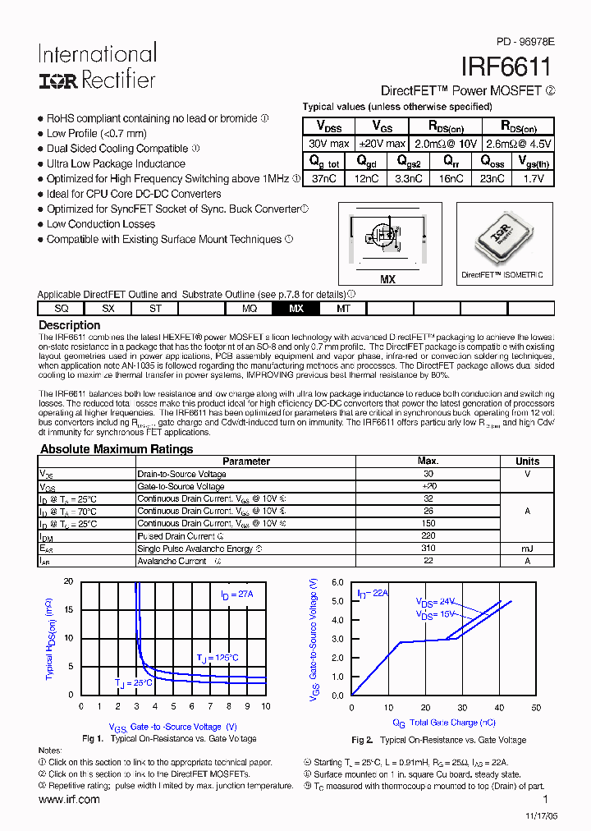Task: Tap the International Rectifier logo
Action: [97, 67]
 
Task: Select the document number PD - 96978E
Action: [525, 40]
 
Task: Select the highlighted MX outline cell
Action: [295, 309]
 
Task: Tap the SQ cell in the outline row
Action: [62, 309]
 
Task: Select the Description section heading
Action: [70, 325]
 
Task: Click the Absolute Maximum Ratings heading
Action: [117, 449]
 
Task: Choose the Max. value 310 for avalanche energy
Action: [428, 549]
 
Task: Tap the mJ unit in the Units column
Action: [527, 549]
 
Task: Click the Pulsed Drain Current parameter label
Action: [176, 536]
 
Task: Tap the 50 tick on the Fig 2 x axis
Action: [535, 708]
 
